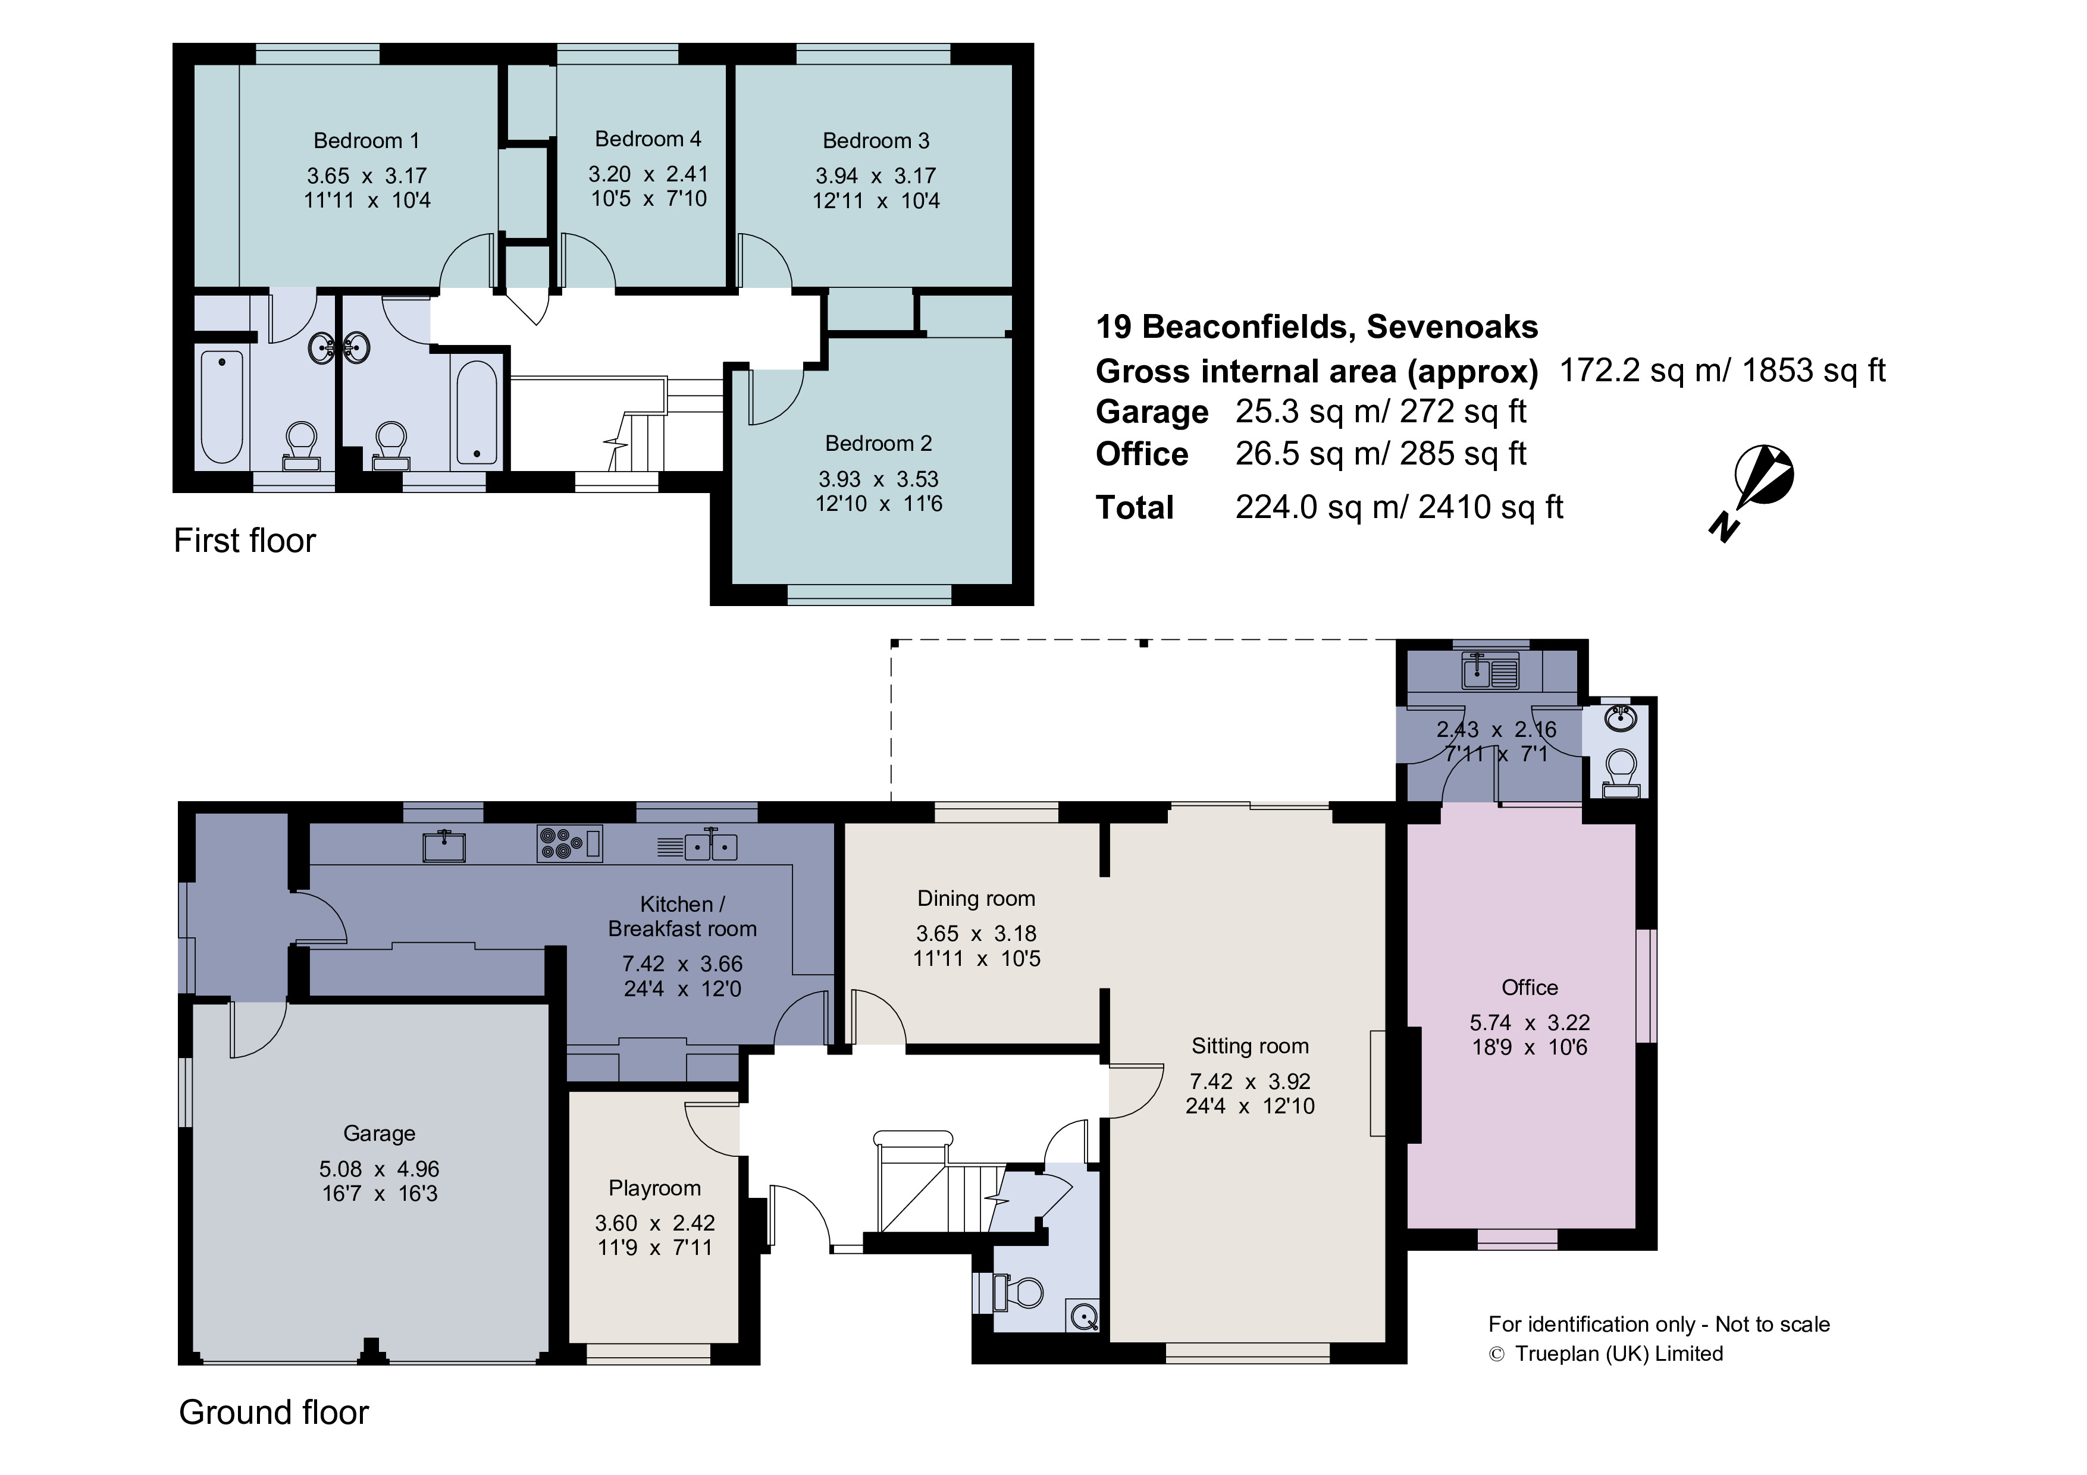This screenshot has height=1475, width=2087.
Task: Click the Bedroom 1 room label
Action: coord(366,141)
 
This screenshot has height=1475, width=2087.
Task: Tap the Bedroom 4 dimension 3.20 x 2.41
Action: coord(648,174)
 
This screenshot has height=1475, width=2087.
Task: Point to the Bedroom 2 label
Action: coord(878,444)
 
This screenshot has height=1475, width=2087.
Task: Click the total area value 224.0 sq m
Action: coord(1314,507)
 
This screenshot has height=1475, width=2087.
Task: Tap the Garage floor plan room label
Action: coord(379,1133)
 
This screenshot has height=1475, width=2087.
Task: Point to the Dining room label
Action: coord(976,899)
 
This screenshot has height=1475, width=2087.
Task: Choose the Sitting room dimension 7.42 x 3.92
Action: coord(1250,1081)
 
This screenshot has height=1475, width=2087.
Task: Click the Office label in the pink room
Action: coord(1530,988)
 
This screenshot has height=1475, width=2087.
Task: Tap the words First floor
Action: coord(245,541)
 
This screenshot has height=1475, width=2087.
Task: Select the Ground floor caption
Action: coord(274,1413)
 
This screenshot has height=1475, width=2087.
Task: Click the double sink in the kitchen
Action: coord(710,846)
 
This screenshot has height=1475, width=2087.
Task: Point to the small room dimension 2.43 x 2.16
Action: coord(1496,729)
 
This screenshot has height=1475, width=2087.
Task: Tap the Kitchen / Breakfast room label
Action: coord(682,916)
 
